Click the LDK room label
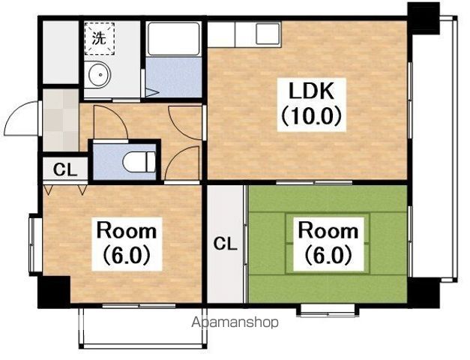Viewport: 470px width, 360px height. coord(311,91)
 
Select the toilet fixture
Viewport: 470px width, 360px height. coord(139,162)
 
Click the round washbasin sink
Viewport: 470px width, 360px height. coord(97,74)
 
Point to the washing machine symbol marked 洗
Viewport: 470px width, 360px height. coord(100,38)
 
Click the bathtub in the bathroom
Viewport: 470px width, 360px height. coord(174,39)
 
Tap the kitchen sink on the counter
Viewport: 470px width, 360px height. coord(268,34)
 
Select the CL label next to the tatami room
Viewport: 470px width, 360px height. coord(225,244)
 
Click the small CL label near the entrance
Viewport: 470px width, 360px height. coord(65,169)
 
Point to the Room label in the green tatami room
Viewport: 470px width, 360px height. coord(328,231)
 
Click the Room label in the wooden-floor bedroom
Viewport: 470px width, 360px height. coord(126,231)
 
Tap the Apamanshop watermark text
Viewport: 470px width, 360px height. coord(235,322)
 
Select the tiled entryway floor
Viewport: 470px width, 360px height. coord(61,120)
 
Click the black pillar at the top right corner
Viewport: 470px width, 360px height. coord(424,17)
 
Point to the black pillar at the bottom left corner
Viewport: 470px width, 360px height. coord(54,292)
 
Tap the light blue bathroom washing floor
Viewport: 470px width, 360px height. coord(174,77)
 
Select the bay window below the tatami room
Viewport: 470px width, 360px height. coord(328,310)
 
